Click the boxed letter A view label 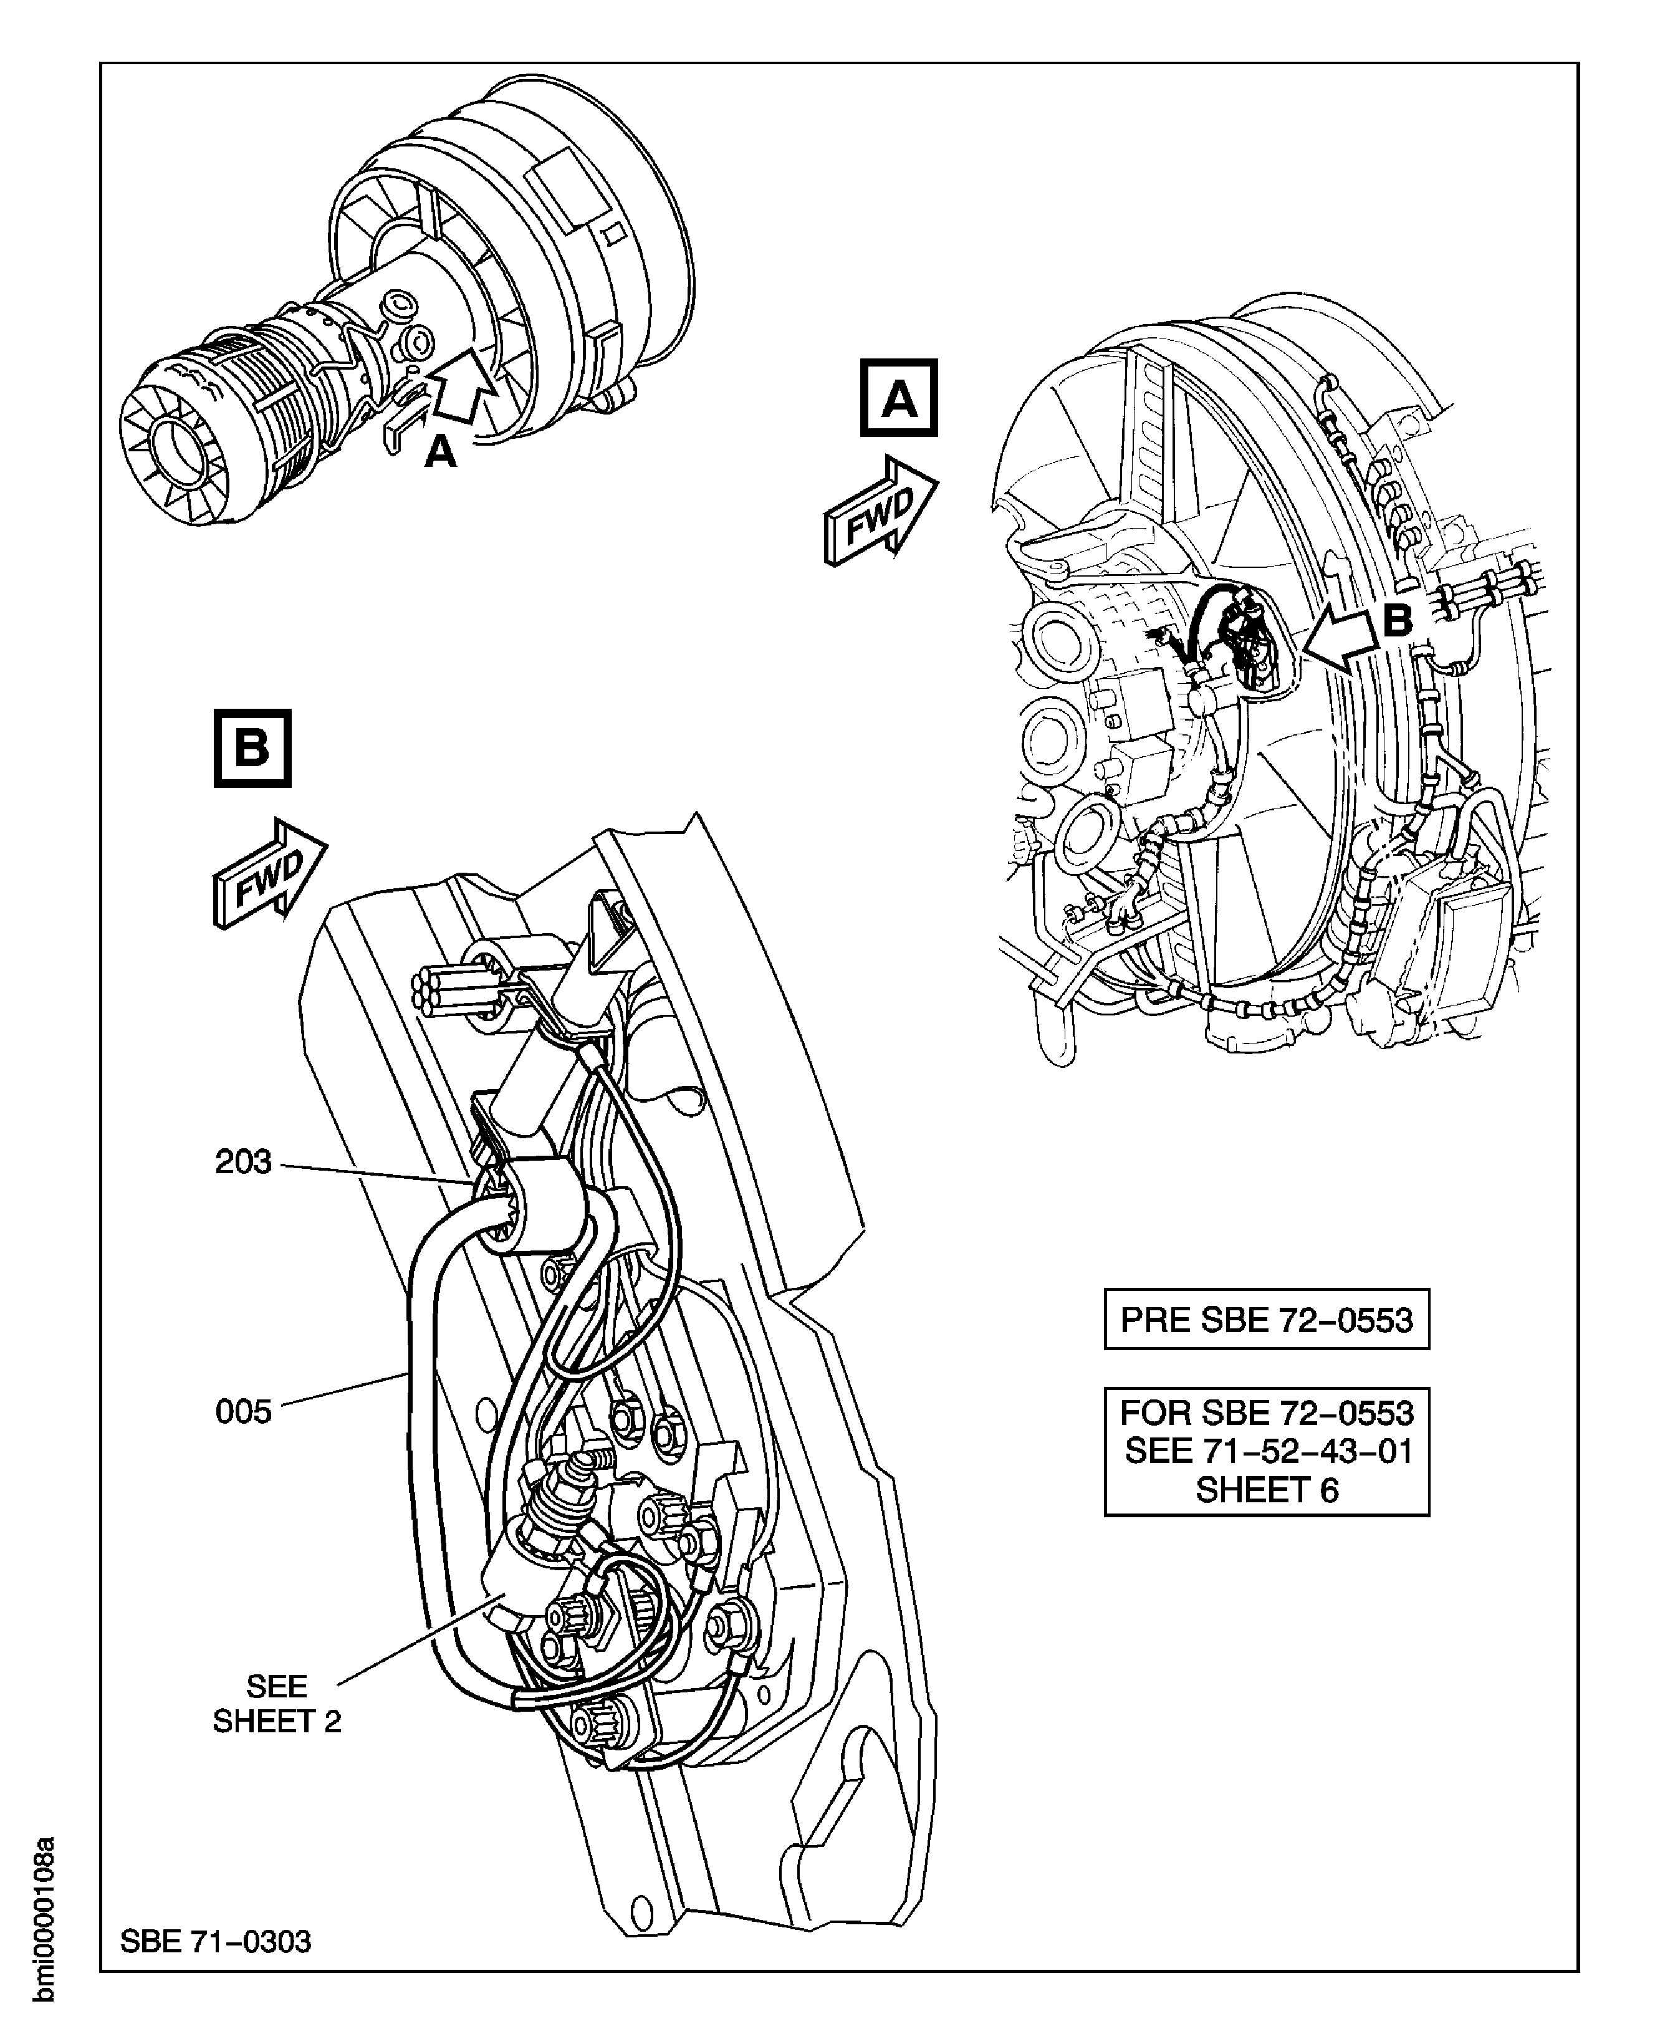coord(899,398)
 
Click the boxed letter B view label coord(252,748)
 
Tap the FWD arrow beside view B coord(270,872)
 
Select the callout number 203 coord(243,1162)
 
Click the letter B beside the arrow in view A coord(1397,621)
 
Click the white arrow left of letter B coord(1340,641)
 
